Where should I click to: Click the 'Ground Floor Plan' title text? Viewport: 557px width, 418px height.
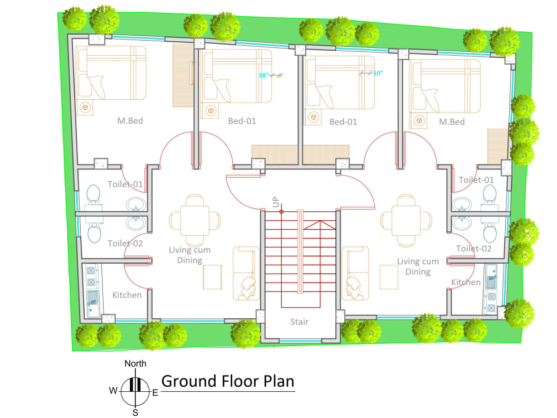227,382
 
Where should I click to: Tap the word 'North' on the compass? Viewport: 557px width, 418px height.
135,364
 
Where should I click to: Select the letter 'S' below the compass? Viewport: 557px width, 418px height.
135,412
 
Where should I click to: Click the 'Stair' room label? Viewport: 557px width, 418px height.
299,322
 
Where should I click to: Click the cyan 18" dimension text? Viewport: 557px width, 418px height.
264,75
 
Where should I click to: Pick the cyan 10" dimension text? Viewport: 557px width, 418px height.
378,73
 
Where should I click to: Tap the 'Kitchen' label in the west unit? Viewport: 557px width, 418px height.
127,295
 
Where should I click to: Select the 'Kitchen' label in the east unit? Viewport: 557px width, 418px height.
466,283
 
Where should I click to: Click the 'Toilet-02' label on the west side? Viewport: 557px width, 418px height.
125,243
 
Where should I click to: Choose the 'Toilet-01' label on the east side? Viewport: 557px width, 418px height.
476,180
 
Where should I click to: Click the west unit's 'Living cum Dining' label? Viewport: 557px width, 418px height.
189,255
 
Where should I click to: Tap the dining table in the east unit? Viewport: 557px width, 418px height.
406,221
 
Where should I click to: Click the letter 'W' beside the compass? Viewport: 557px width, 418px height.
113,391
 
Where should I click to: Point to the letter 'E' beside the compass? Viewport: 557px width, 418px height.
155,393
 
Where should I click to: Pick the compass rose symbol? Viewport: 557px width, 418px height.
135,386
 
